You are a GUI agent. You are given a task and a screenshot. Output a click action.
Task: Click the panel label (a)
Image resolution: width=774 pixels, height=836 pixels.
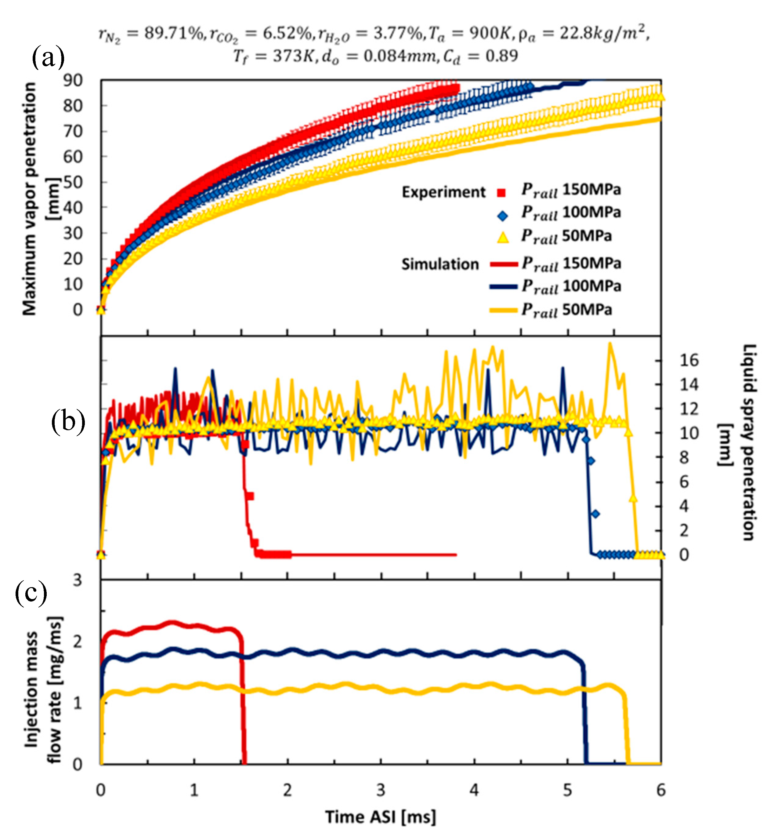[x=48, y=57]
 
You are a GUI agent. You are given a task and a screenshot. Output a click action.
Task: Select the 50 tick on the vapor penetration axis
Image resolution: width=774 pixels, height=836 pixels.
[x=73, y=182]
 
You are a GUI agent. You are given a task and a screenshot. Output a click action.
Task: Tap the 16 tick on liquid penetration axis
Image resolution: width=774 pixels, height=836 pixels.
[x=689, y=360]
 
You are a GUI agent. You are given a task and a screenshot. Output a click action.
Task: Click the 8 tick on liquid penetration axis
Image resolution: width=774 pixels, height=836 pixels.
[x=684, y=458]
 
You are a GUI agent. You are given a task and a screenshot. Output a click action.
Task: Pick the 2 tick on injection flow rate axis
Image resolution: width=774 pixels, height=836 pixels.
[x=78, y=641]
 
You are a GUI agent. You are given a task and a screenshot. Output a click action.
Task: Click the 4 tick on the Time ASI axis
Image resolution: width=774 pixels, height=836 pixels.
[x=474, y=790]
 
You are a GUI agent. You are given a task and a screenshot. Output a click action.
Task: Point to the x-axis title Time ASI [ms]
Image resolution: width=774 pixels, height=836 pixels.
[x=381, y=817]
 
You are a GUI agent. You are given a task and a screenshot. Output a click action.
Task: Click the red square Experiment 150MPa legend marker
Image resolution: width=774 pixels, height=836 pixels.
[x=501, y=193]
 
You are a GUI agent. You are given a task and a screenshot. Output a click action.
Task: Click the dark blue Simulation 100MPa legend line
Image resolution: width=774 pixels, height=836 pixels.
[x=503, y=287]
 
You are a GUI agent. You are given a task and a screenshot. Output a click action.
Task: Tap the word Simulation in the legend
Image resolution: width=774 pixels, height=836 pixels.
[x=440, y=264]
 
